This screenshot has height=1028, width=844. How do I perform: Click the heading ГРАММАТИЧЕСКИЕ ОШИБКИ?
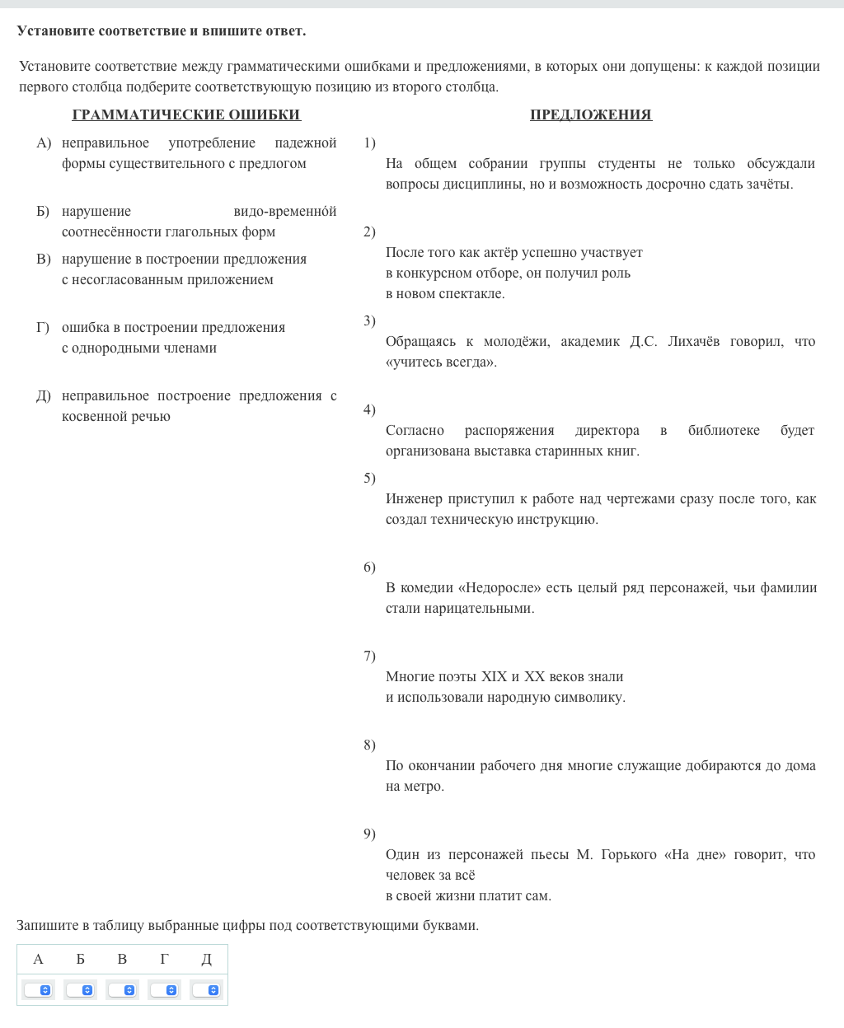[186, 114]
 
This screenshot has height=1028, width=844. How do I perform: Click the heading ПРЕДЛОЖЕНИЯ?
[590, 114]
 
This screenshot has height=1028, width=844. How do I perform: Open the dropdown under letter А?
[39, 989]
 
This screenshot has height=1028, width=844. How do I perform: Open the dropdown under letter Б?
[81, 989]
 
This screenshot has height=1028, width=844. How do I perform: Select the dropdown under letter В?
[123, 989]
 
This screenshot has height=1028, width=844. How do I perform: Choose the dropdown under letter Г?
[165, 989]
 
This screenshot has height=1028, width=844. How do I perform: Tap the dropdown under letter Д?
[207, 989]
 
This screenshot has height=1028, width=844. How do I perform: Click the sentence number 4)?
[369, 409]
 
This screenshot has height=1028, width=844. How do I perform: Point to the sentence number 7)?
[369, 656]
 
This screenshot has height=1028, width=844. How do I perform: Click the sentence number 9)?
[369, 834]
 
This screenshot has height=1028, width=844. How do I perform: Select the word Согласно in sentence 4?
[415, 431]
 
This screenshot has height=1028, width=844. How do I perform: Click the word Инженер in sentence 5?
[414, 499]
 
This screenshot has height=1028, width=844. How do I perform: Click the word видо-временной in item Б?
[284, 212]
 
